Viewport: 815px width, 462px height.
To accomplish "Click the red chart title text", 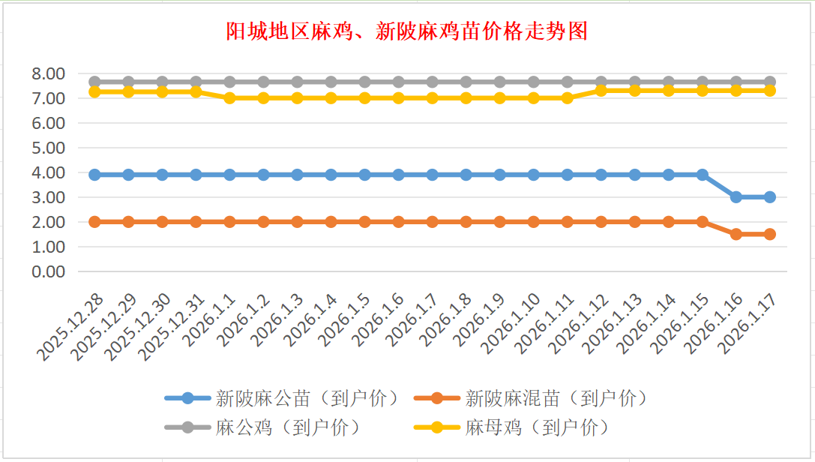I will pos(407,31).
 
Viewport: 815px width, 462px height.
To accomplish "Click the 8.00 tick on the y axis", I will pos(48,73).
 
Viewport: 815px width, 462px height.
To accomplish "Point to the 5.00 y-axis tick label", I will pos(48,148).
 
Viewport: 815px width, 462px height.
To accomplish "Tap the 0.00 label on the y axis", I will pos(48,271).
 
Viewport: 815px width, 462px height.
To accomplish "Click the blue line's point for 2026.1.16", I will pos(736,197).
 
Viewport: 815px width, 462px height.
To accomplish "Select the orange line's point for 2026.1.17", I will pos(770,234).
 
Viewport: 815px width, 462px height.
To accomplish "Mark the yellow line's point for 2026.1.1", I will pos(230,98).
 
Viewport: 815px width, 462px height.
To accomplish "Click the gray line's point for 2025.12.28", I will pos(95,82).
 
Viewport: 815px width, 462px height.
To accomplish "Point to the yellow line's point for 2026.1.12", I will pos(601,90).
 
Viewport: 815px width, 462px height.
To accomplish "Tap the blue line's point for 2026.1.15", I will pos(703,175).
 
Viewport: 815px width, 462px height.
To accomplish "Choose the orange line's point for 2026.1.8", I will pos(466,222).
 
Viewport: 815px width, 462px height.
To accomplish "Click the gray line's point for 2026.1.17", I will pos(770,82).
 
